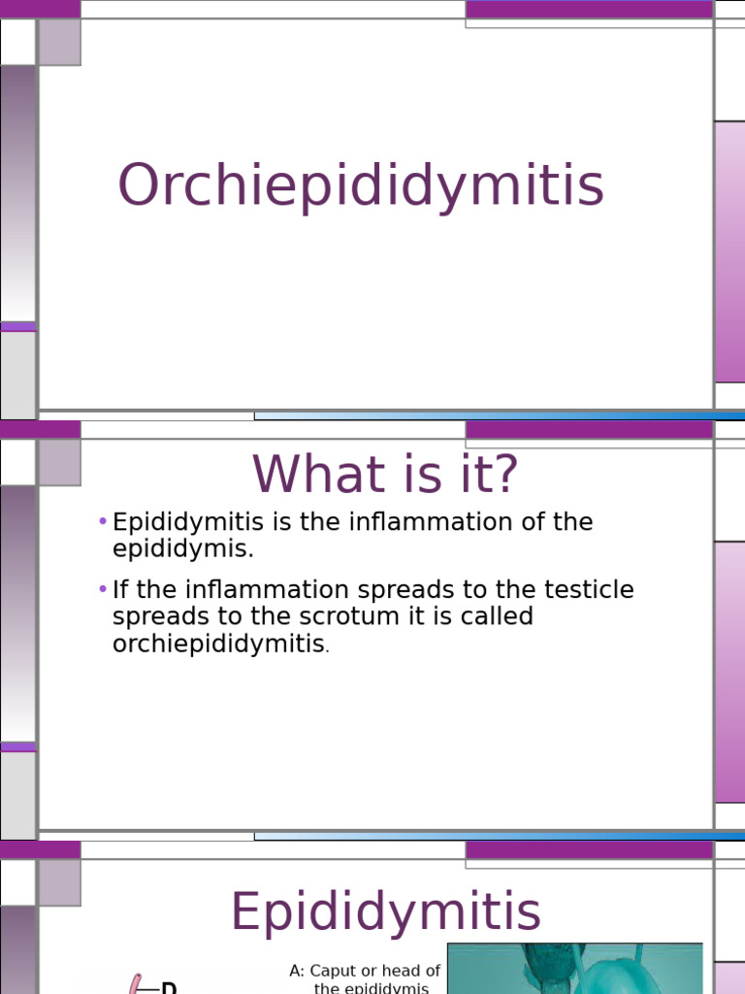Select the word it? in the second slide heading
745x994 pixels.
point(476,475)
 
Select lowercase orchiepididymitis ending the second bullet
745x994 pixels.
point(218,645)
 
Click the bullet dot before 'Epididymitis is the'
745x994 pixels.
point(102,522)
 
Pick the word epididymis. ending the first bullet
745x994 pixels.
point(182,549)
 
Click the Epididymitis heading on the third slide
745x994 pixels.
point(385,913)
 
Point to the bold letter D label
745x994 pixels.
point(168,986)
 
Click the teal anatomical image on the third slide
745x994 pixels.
point(574,969)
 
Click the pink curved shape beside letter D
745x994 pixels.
point(135,984)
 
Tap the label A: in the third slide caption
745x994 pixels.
point(297,972)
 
